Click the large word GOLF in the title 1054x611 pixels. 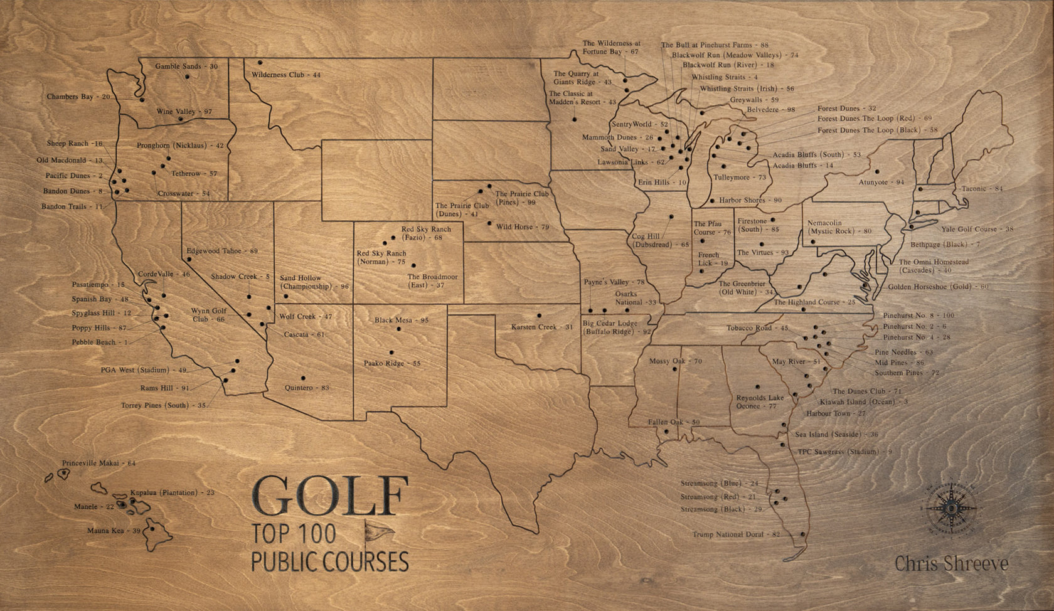(331, 496)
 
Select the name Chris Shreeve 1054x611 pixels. (951, 563)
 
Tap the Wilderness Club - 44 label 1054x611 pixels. (286, 75)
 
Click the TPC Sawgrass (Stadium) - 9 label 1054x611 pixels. (844, 452)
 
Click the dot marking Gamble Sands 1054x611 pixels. (187, 77)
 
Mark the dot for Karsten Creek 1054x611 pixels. (539, 316)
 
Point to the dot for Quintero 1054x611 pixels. (303, 378)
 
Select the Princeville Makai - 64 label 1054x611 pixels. (98, 463)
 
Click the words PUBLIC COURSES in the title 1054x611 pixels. (329, 561)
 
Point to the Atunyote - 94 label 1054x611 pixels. (881, 182)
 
